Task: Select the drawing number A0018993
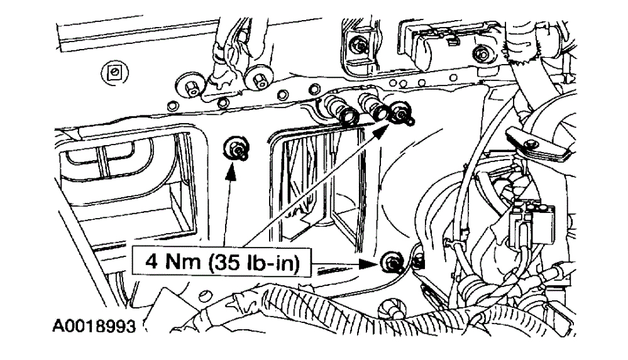(x=94, y=328)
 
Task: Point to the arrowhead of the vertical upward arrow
(x=232, y=169)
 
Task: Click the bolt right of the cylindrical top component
(x=482, y=53)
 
